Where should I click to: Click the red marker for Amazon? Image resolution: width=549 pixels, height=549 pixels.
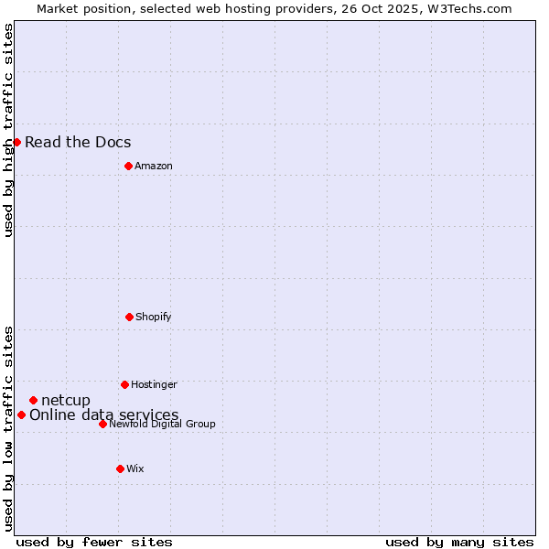[128, 166]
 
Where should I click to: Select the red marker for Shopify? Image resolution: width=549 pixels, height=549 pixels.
[129, 317]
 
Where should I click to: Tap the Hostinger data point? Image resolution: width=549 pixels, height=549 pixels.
[124, 384]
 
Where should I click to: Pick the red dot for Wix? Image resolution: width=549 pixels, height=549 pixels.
[120, 468]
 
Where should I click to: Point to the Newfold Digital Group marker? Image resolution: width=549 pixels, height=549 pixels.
[102, 424]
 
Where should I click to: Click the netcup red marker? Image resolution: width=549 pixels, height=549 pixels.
[33, 400]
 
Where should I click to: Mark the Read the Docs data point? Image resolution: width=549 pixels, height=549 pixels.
[16, 142]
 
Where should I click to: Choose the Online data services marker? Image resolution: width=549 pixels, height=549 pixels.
[21, 414]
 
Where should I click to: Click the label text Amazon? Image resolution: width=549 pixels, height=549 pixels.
[153, 166]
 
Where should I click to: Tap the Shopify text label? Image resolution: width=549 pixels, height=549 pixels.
[153, 317]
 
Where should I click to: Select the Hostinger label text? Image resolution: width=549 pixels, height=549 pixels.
[154, 384]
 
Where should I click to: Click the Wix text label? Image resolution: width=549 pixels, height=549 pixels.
[135, 468]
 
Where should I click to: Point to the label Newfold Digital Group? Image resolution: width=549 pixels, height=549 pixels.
[162, 424]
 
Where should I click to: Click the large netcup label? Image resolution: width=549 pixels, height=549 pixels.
[66, 400]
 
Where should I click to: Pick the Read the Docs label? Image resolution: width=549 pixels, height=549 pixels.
[78, 142]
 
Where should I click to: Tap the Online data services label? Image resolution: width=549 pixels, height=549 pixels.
[104, 414]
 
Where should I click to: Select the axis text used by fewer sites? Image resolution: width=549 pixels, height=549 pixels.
[94, 542]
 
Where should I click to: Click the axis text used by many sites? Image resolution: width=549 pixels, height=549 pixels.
[459, 542]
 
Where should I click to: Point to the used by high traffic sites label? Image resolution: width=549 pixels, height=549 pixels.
[8, 130]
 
